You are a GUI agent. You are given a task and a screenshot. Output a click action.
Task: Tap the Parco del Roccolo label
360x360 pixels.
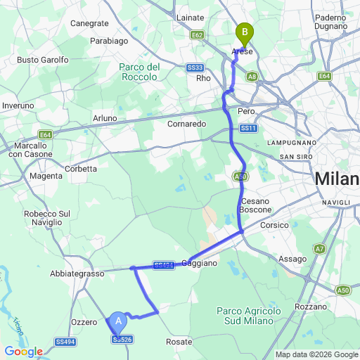point(140,72)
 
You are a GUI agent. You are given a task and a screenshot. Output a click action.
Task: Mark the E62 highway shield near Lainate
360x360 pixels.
point(197,34)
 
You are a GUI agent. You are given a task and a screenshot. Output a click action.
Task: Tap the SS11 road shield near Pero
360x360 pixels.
point(248,129)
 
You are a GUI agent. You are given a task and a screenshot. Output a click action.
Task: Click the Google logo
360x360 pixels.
point(23,351)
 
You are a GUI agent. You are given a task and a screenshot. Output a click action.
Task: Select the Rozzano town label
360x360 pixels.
point(312,307)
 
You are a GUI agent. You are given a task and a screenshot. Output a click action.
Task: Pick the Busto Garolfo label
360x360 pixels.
point(43,60)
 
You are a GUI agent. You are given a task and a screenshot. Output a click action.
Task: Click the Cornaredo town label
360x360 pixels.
point(186,123)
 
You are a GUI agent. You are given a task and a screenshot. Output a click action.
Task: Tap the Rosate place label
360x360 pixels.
point(179,342)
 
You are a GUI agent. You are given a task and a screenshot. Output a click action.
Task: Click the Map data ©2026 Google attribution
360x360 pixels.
point(316,354)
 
